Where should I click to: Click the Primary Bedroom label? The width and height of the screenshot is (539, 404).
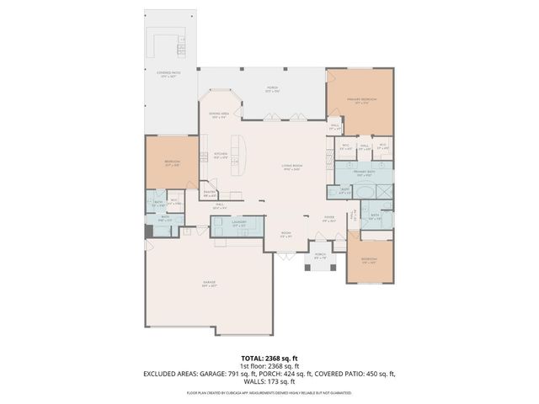(x=360, y=99)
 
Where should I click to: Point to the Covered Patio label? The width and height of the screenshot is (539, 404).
(x=168, y=75)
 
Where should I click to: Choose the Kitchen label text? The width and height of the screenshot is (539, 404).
(x=221, y=155)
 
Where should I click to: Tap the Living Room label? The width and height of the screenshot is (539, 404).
(x=291, y=167)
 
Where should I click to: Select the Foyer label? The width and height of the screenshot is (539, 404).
(x=329, y=217)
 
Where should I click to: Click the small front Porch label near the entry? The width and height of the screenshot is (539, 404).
(x=320, y=257)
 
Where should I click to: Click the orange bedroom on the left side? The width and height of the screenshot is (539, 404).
(x=172, y=163)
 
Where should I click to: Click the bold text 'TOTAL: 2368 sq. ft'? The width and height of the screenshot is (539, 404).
(x=269, y=357)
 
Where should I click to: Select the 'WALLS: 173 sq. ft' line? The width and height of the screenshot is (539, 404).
(x=269, y=382)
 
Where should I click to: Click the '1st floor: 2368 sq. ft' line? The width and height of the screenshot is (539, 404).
(x=269, y=365)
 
